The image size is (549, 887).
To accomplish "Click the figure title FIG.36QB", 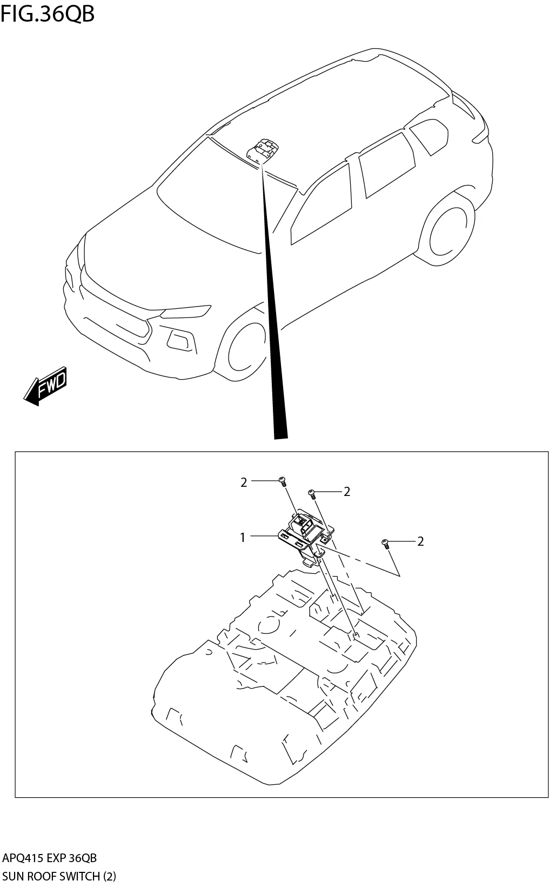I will coord(48,14).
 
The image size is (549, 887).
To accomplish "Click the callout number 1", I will coord(243,537).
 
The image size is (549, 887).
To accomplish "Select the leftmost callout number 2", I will coord(244,482).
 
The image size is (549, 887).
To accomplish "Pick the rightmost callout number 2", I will coord(421,541).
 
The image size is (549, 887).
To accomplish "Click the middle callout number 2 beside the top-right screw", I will coord(347,491).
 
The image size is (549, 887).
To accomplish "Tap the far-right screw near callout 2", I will coord(385,543).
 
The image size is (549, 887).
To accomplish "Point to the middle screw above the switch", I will coord(311,493).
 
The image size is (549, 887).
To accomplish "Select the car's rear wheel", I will coord(448,231).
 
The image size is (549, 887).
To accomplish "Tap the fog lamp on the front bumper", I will coord(180,340).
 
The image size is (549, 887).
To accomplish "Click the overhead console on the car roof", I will coord(263,149).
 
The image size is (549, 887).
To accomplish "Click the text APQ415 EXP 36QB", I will coord(50,858).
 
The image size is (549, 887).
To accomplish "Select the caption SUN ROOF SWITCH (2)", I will coord(59,876).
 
